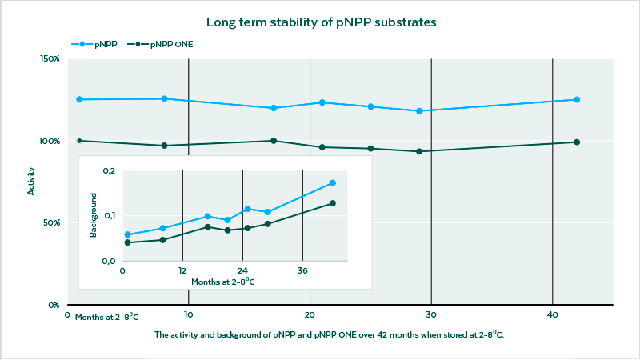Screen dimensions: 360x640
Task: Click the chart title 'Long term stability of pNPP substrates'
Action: click(320, 22)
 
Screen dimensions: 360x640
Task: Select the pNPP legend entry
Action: click(98, 45)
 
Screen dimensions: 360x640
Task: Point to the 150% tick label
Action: click(50, 59)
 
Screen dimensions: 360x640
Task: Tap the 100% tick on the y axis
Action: click(50, 141)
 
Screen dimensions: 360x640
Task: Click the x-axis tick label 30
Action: click(430, 314)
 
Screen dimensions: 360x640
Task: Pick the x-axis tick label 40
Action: click(552, 314)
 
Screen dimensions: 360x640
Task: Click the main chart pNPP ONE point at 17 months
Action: click(274, 141)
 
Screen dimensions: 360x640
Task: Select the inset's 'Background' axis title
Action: click(94, 214)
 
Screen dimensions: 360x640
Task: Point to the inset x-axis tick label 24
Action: click(242, 270)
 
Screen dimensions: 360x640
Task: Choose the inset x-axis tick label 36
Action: click(302, 270)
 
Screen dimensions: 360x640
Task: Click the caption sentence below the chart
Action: click(329, 335)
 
